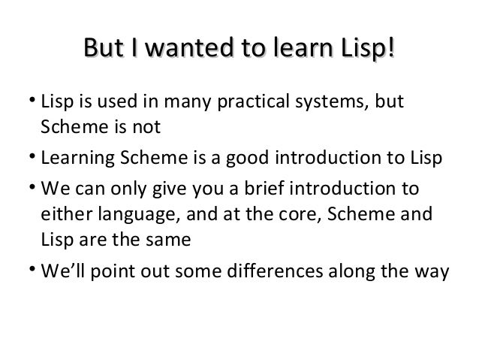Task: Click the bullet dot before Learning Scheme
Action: tap(34, 156)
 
